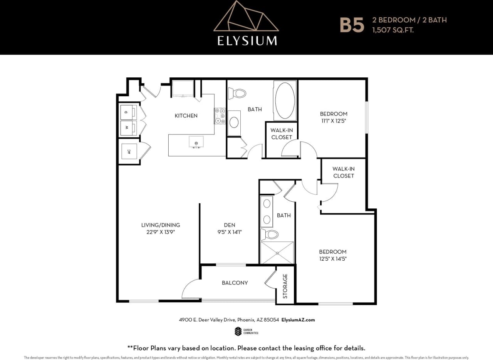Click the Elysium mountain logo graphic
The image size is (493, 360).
[246, 18]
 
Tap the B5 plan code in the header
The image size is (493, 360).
[351, 25]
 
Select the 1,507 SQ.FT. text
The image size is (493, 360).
[392, 30]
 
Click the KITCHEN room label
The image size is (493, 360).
[186, 116]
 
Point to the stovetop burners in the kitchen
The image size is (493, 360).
[220, 116]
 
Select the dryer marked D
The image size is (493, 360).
[128, 112]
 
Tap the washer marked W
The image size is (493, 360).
[128, 127]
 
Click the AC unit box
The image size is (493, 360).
[129, 151]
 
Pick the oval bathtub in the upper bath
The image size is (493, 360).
[285, 100]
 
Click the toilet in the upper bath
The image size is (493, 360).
[238, 93]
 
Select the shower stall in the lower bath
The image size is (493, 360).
[277, 253]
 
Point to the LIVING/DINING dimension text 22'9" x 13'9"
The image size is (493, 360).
[160, 232]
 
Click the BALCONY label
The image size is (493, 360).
[235, 283]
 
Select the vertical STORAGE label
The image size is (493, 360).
[285, 286]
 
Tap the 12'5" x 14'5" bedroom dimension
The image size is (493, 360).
[333, 259]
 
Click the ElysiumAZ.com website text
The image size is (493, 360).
[298, 320]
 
